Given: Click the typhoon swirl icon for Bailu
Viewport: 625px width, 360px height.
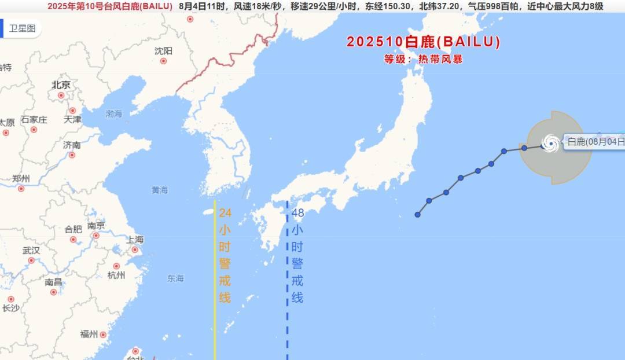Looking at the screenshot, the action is (550, 142).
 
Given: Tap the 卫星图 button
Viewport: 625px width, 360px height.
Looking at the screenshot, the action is (23, 28).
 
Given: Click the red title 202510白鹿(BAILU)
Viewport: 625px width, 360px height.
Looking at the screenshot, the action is (424, 42).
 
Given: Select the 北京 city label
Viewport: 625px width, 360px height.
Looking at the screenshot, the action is (61, 85).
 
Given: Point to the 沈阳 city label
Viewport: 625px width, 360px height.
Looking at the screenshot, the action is (163, 51).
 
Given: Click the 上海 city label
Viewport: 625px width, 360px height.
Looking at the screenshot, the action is (135, 240).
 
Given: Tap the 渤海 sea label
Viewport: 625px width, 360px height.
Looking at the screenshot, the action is (113, 114).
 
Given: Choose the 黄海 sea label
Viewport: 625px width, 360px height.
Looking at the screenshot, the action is (159, 190).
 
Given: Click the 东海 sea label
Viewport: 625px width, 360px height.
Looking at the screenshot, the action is (175, 278).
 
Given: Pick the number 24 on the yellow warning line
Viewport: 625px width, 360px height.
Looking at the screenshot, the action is (225, 212).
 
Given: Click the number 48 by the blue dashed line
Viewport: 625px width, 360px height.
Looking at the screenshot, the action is (297, 212).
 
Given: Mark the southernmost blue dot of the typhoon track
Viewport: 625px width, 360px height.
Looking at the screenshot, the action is (417, 215).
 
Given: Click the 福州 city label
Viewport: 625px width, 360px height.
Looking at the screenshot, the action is (89, 334).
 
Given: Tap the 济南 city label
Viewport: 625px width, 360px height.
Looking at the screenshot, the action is (72, 145).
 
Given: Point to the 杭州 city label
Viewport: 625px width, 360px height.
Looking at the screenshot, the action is (116, 275).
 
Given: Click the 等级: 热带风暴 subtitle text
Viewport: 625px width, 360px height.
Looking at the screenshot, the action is (424, 59).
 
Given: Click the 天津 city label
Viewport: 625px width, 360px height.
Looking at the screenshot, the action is (72, 119).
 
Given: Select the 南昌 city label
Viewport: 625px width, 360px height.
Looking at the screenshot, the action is (53, 282).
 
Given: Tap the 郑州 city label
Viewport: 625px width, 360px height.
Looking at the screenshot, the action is (21, 178).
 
